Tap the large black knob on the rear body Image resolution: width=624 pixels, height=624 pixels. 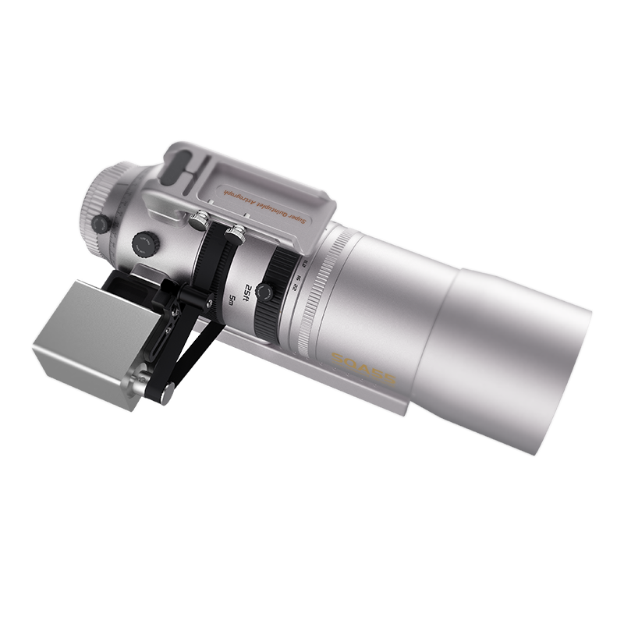coord(145,243)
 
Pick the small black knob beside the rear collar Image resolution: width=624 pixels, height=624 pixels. coord(100,225)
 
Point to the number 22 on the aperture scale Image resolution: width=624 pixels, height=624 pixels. coord(292,285)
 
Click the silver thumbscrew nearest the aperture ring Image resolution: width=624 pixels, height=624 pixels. coord(236,232)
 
